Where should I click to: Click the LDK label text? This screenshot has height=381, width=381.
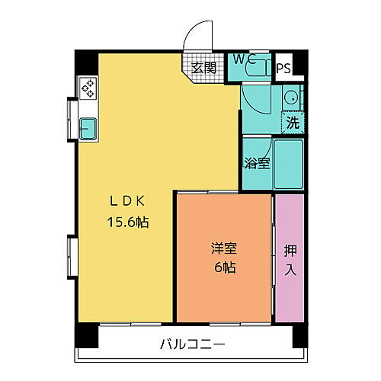126,202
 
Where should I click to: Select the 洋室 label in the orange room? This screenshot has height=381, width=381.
223,248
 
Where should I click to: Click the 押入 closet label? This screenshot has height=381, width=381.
290,258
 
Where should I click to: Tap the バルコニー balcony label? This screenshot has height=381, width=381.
192,344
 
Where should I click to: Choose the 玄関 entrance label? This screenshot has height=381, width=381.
203,68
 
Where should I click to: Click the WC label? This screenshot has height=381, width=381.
244,58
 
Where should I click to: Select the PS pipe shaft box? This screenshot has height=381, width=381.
283,68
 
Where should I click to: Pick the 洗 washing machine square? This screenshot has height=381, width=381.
292,120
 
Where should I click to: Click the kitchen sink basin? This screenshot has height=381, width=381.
86,128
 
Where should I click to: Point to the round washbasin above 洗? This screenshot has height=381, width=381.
290,97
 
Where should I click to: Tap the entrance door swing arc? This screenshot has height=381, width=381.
197,38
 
